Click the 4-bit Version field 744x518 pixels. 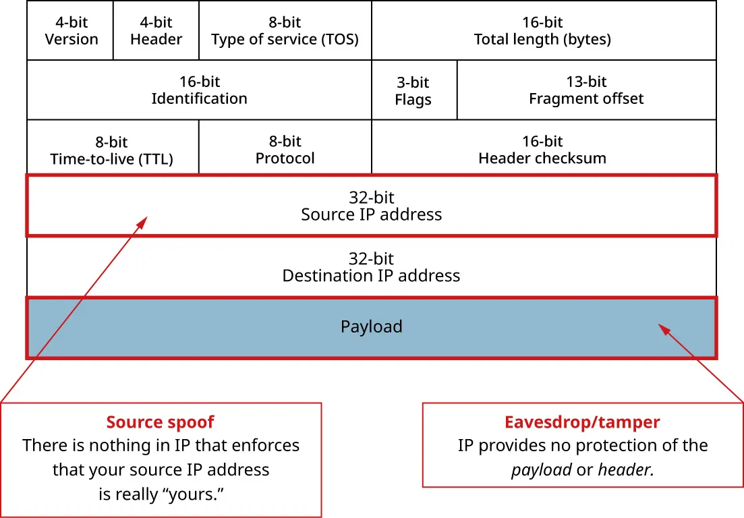tap(71, 31)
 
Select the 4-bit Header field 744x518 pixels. tap(156, 31)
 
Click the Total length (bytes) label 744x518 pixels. tap(542, 39)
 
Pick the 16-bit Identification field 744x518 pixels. tap(199, 90)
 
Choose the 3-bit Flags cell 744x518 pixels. tap(413, 91)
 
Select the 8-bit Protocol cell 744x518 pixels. tap(285, 150)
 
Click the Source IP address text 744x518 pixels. tap(371, 214)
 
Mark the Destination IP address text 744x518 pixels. tap(371, 275)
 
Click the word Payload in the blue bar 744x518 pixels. tap(371, 327)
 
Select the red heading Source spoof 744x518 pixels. tap(160, 423)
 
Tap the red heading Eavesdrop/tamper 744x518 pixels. tap(582, 423)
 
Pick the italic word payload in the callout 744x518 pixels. tap(542, 469)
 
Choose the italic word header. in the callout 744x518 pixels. tap(626, 469)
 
